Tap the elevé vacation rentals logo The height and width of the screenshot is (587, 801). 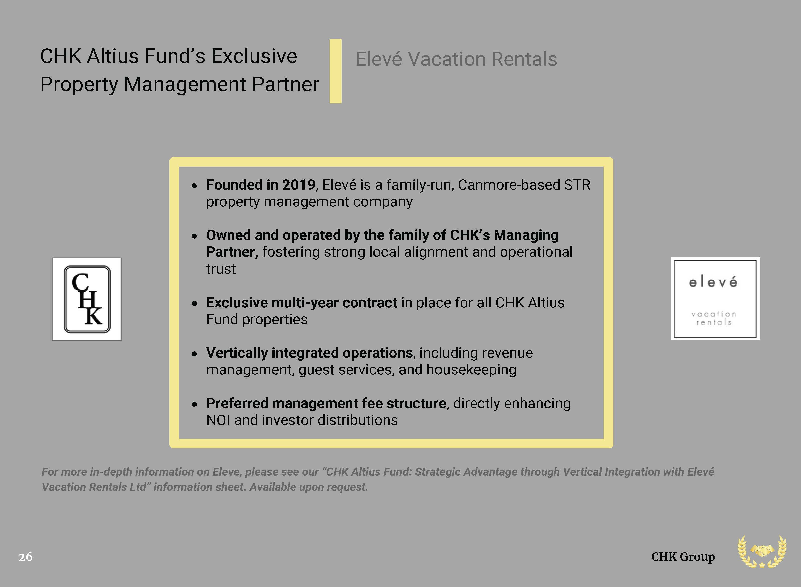click(x=715, y=299)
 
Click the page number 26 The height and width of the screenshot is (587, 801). click(x=26, y=557)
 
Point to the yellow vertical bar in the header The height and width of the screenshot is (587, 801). click(x=336, y=71)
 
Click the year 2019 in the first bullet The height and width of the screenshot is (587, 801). click(x=298, y=185)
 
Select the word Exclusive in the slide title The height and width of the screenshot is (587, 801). click(x=254, y=56)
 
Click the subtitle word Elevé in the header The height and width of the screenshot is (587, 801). click(x=379, y=59)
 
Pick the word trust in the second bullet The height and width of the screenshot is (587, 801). click(x=221, y=269)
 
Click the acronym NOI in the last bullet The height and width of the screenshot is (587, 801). click(x=218, y=420)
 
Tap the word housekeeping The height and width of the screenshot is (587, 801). click(x=471, y=370)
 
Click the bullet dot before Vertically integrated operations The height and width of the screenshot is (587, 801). click(x=194, y=354)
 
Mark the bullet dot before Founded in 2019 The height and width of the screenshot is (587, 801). click(x=194, y=186)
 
